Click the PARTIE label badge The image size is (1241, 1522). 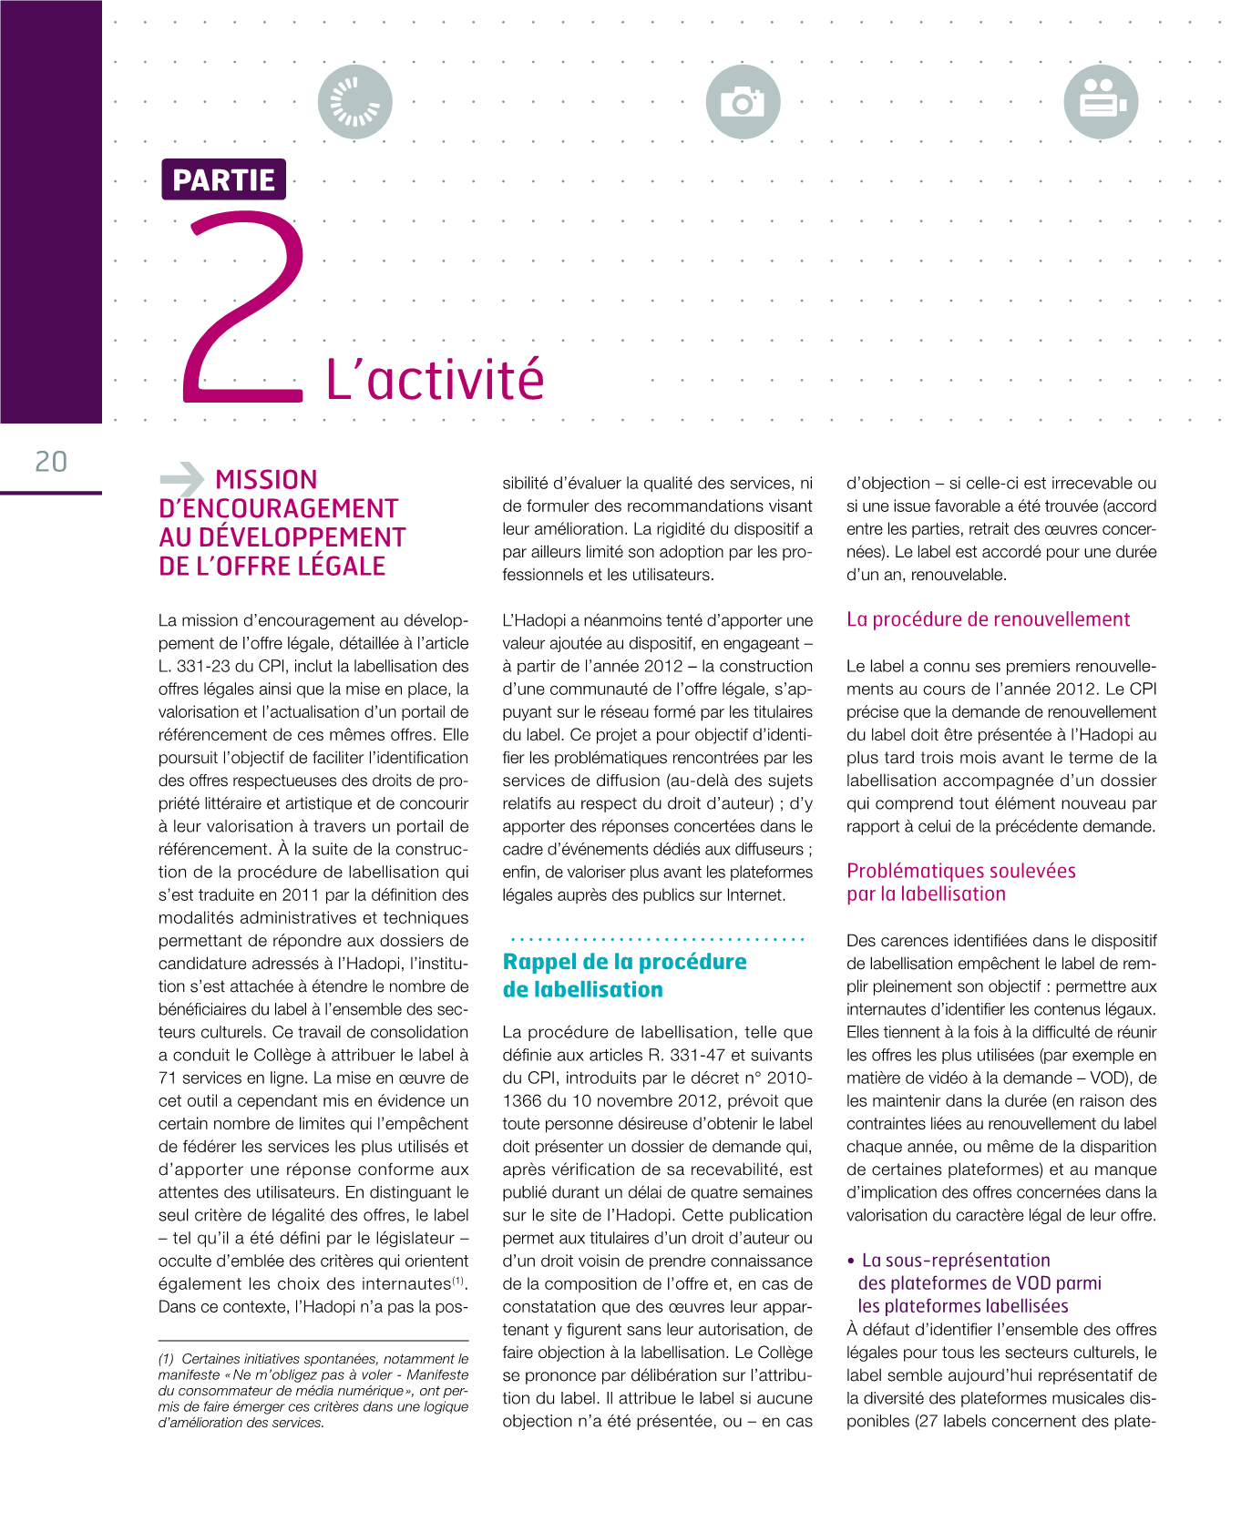click(223, 179)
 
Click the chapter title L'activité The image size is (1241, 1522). click(435, 380)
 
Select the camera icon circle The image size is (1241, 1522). click(743, 102)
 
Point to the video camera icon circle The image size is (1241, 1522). click(1101, 102)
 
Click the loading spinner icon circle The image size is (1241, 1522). click(354, 102)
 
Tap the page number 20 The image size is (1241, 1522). click(51, 462)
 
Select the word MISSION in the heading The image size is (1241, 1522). click(266, 480)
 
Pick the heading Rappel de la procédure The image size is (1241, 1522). click(624, 962)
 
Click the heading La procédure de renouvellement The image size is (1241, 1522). click(988, 619)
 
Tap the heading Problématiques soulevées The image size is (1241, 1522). click(960, 871)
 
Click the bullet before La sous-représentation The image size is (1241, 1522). click(851, 1262)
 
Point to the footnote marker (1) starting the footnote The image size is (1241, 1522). click(167, 1359)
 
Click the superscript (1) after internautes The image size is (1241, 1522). click(459, 1281)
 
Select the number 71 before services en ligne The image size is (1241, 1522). click(168, 1078)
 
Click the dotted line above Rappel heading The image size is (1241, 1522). click(656, 938)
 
